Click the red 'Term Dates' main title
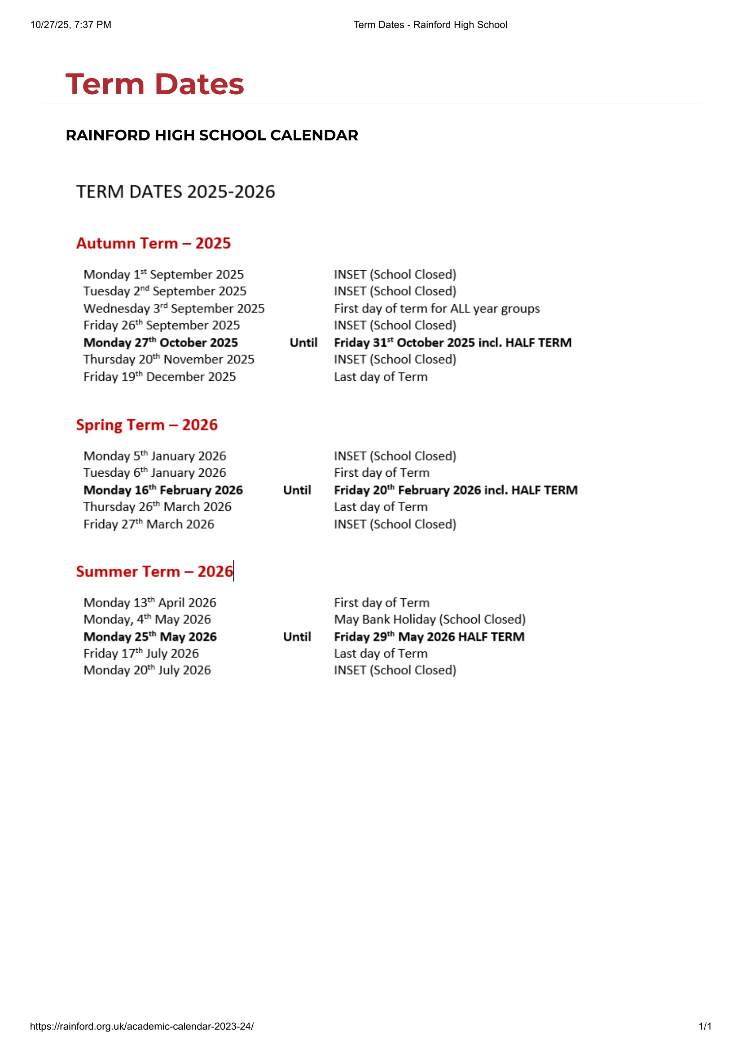pyautogui.click(x=154, y=84)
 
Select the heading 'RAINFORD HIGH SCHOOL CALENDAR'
pyautogui.click(x=212, y=136)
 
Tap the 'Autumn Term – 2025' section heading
pyautogui.click(x=154, y=243)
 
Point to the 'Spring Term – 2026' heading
pyautogui.click(x=147, y=425)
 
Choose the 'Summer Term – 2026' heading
pyautogui.click(x=154, y=571)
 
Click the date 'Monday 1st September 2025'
pyautogui.click(x=163, y=274)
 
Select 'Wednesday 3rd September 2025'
pyautogui.click(x=174, y=309)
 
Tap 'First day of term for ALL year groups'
pyautogui.click(x=437, y=309)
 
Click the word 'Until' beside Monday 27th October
pyautogui.click(x=303, y=343)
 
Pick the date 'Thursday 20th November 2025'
pyautogui.click(x=169, y=360)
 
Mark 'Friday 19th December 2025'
pyautogui.click(x=159, y=377)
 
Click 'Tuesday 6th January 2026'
pyautogui.click(x=154, y=473)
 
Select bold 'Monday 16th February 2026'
pyautogui.click(x=163, y=490)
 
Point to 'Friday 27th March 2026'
pyautogui.click(x=149, y=524)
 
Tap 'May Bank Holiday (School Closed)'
pyautogui.click(x=430, y=619)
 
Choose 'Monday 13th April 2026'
pyautogui.click(x=149, y=603)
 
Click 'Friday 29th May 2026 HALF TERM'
pyautogui.click(x=429, y=637)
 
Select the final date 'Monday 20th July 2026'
pyautogui.click(x=147, y=670)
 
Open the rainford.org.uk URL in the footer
pyautogui.click(x=142, y=1026)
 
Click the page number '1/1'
pyautogui.click(x=704, y=1026)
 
